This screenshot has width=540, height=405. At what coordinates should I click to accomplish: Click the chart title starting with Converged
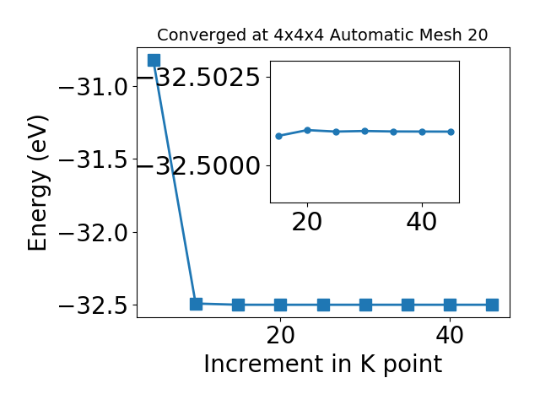(322, 35)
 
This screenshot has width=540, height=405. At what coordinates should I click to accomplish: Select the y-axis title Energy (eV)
(37, 183)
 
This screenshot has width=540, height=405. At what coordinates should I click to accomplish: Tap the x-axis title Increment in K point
(323, 364)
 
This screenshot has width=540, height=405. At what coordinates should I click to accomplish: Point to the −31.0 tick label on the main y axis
(94, 87)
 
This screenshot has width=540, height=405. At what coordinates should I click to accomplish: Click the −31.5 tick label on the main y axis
(94, 159)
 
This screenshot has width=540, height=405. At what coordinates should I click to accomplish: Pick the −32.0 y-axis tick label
(94, 233)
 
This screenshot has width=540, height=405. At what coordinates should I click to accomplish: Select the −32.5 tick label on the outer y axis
(94, 305)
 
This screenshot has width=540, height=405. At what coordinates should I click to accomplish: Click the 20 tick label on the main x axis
(281, 335)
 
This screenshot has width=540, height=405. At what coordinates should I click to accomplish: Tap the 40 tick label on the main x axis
(450, 335)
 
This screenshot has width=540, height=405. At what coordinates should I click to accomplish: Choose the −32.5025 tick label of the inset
(200, 77)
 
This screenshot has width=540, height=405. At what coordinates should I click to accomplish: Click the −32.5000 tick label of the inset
(200, 166)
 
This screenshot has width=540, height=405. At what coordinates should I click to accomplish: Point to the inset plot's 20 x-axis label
(307, 222)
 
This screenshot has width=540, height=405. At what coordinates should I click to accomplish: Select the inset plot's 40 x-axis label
(422, 222)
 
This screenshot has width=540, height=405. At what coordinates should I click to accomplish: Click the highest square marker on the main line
(154, 60)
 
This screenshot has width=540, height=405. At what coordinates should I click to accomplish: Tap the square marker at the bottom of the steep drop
(196, 304)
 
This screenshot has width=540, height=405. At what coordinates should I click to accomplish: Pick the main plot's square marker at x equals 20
(281, 305)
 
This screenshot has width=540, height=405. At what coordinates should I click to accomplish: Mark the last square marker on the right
(492, 305)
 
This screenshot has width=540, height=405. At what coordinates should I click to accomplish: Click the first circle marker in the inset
(279, 136)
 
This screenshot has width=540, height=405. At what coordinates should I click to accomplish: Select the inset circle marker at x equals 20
(307, 130)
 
